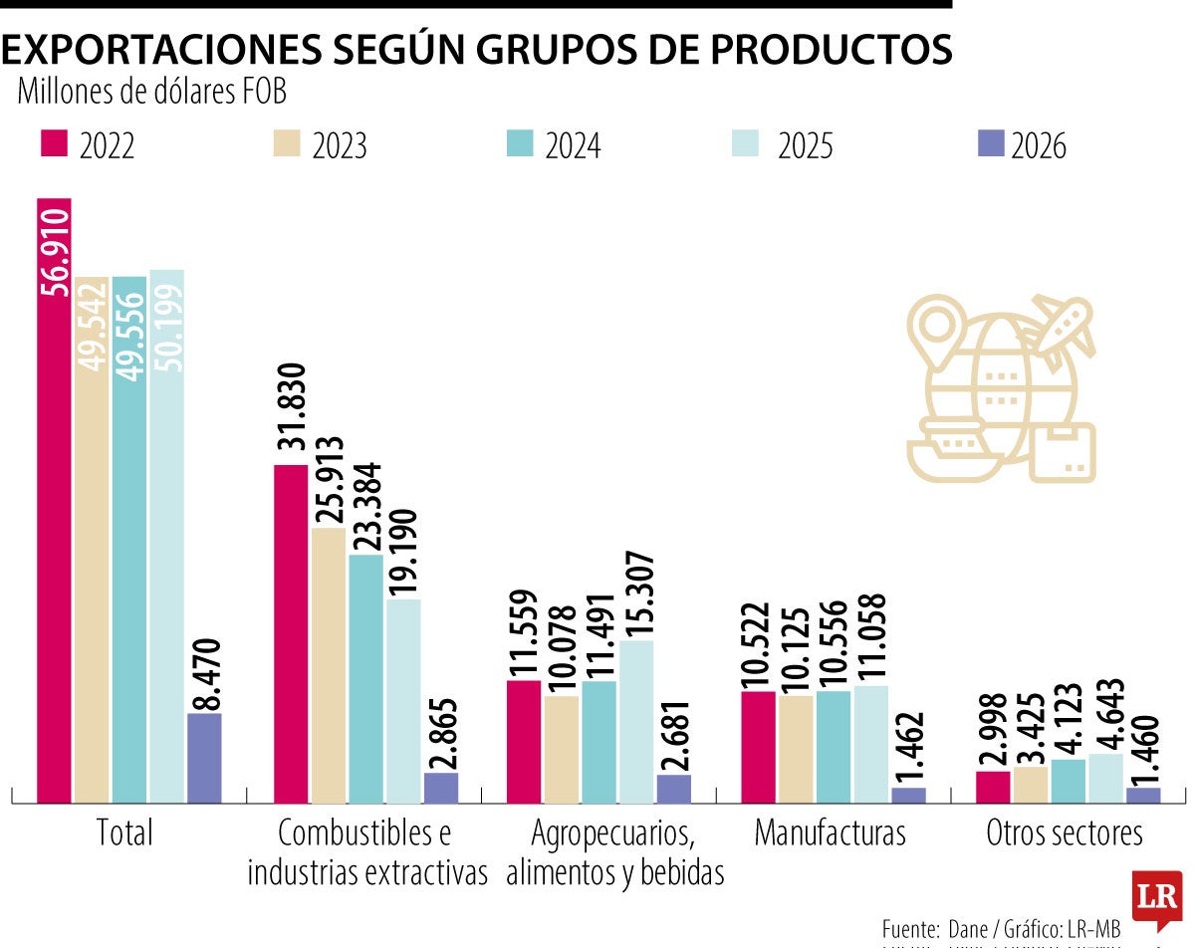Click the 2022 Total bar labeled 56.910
54,498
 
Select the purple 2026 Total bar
204,758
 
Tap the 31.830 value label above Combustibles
291,410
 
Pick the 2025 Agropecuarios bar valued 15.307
636,721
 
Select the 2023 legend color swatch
286,143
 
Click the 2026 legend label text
1038,146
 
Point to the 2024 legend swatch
519,143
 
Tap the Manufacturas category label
830,832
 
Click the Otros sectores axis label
1065,832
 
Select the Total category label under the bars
124,832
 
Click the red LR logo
1156,897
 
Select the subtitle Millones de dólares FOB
151,92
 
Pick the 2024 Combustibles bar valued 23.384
365,678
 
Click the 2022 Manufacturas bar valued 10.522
758,746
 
